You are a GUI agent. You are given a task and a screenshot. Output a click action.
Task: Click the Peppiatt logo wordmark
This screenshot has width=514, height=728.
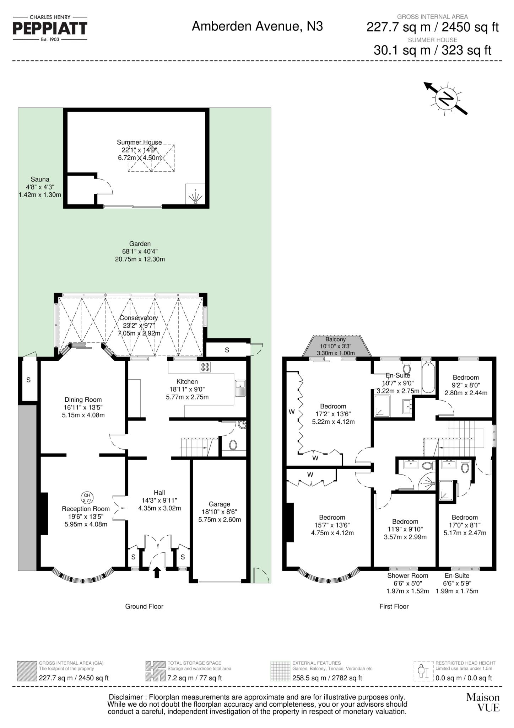tap(50, 28)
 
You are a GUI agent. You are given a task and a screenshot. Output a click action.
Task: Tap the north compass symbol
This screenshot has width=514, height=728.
tap(445, 98)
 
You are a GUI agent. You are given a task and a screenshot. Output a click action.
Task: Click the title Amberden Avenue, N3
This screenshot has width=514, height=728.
tap(257, 26)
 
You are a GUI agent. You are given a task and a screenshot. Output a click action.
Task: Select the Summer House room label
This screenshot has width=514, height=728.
tap(139, 142)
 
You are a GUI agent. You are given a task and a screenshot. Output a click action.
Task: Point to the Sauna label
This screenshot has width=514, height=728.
tap(40, 179)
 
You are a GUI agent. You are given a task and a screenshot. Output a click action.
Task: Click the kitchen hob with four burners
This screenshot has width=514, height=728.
tap(205, 366)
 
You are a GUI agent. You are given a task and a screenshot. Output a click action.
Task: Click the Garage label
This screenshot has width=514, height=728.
tap(220, 504)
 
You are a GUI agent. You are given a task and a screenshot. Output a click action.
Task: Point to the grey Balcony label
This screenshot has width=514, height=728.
tap(335, 339)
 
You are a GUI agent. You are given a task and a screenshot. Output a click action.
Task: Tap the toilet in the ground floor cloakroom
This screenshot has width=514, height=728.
tap(233, 445)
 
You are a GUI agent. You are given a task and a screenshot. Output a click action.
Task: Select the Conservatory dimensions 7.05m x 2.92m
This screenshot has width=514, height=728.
tap(139, 333)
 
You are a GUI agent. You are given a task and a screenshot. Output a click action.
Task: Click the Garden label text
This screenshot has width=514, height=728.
tap(140, 244)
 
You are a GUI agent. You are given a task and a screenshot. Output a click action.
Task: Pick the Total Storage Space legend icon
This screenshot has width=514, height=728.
tap(155, 671)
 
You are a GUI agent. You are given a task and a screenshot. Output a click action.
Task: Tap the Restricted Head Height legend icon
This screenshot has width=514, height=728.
tap(423, 671)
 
